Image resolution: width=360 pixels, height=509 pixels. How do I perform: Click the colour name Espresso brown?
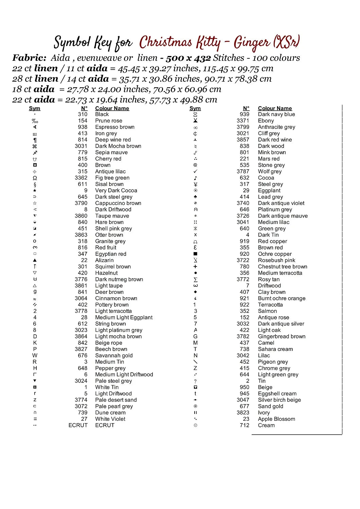pos(115,127)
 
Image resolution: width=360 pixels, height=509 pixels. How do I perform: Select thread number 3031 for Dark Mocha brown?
pos(81,146)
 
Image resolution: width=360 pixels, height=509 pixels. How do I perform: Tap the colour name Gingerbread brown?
pos(282,336)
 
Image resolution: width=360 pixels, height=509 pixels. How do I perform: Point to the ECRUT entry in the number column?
pos(78,425)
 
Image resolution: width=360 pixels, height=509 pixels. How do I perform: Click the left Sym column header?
pos(35,108)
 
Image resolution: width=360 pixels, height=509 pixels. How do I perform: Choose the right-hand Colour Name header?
pos(275,108)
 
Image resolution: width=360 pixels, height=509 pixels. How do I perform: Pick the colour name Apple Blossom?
pos(276,419)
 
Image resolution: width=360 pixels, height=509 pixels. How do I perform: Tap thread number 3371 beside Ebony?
pos(243,121)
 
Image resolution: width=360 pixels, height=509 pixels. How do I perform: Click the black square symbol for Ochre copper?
pos(195,254)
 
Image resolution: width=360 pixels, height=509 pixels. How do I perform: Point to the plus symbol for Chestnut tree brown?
pos(195,267)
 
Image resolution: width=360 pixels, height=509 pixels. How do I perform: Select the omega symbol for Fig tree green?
pos(35,178)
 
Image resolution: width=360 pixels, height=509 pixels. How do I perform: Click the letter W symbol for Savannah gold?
pos(35,355)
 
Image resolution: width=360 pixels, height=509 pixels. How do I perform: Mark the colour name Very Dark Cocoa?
pos(116,190)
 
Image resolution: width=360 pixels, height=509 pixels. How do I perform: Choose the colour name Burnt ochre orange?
pos(282,298)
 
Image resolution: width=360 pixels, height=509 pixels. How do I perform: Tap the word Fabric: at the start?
pos(30,58)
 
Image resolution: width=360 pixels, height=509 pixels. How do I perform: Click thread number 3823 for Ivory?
pos(243,413)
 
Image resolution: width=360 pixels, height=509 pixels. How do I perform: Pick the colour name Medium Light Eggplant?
pos(124,317)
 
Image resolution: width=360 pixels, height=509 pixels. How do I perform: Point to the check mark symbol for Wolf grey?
pos(195,171)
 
